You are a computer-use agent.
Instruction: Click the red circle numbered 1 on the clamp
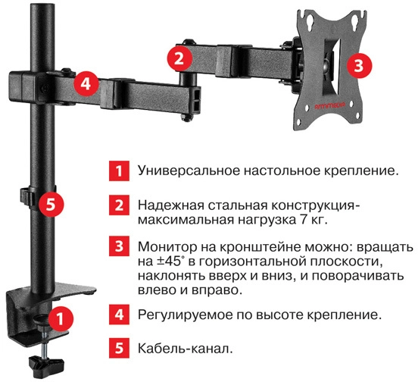[x=61, y=319]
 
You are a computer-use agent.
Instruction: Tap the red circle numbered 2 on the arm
[x=179, y=58]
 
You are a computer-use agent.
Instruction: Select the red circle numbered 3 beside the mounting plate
[x=359, y=65]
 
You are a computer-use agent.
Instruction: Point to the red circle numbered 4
[x=86, y=84]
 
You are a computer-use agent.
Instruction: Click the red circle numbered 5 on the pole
[x=51, y=205]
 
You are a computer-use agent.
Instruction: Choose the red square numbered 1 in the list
[x=119, y=171]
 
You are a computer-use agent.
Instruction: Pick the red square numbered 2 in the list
[x=119, y=205]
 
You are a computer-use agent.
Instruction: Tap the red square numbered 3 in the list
[x=119, y=246]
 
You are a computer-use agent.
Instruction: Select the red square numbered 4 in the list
[x=119, y=315]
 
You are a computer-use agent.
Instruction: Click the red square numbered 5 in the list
[x=119, y=348]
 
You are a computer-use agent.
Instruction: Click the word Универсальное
[x=189, y=171]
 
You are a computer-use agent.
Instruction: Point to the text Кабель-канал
[x=186, y=349]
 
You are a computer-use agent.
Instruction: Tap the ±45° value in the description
[x=170, y=261]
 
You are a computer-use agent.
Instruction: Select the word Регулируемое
[x=186, y=315]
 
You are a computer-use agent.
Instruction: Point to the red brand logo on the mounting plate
[x=329, y=106]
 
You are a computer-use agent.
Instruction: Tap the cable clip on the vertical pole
[x=27, y=197]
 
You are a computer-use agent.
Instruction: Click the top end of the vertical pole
[x=44, y=5]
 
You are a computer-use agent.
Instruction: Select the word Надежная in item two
[x=171, y=205]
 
